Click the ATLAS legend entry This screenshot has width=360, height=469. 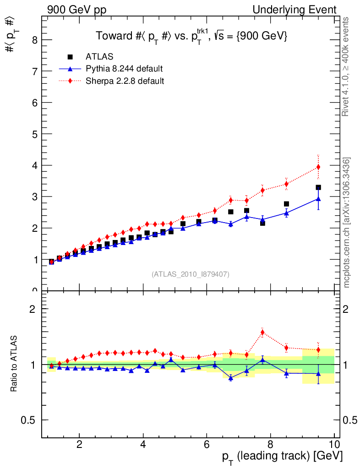tap(99, 57)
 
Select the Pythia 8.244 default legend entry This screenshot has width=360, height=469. tap(124, 69)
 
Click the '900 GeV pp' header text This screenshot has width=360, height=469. tap(76, 10)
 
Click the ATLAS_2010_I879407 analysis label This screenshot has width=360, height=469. tap(191, 274)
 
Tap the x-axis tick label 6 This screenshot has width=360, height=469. tap(207, 444)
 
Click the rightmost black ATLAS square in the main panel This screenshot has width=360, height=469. tap(318, 187)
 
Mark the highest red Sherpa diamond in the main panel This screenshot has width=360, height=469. tap(318, 167)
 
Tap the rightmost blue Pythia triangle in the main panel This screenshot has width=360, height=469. tap(318, 199)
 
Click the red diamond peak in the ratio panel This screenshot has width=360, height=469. tap(262, 332)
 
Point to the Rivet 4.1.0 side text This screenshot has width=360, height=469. tap(346, 66)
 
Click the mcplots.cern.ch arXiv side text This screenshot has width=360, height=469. tap(347, 223)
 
